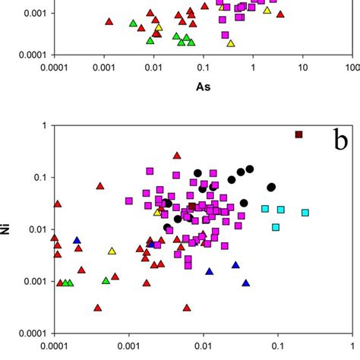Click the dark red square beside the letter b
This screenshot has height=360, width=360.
[x=298, y=134]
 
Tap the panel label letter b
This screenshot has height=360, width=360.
[x=341, y=141]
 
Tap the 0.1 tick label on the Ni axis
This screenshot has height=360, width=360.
[x=36, y=178]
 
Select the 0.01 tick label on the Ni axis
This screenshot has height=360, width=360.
[x=33, y=229]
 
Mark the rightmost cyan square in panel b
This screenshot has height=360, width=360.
[x=305, y=213]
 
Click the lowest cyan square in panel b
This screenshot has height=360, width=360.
[x=276, y=227]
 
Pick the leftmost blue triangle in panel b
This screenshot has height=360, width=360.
[x=77, y=240]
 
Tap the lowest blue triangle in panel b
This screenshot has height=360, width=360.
[x=246, y=282]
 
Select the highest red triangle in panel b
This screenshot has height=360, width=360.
[x=177, y=155]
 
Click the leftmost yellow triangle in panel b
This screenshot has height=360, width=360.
[x=112, y=251]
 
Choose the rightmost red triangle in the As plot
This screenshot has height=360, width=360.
[x=280, y=14]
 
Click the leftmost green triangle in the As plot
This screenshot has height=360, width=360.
[x=134, y=24]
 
